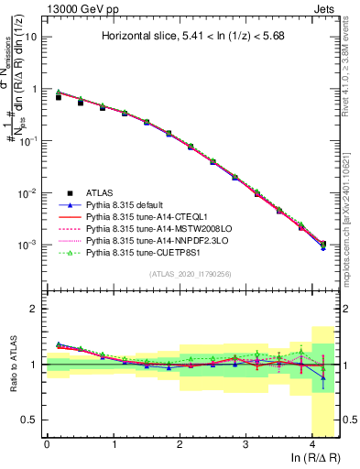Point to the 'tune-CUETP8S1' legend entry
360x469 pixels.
151,251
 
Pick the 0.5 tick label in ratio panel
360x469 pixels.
30,420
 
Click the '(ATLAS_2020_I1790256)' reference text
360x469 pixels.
191,274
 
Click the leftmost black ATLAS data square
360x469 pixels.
59,96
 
